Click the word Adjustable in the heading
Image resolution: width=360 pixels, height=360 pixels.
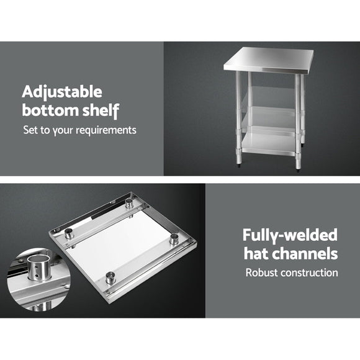(62, 92)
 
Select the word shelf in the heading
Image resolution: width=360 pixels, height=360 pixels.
(101, 112)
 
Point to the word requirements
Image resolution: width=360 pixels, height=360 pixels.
(106, 131)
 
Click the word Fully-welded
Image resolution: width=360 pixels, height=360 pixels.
(290, 235)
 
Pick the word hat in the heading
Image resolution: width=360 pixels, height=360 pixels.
(256, 253)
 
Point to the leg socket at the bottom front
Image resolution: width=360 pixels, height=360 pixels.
(111, 279)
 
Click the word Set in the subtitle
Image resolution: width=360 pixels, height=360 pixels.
(30, 131)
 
